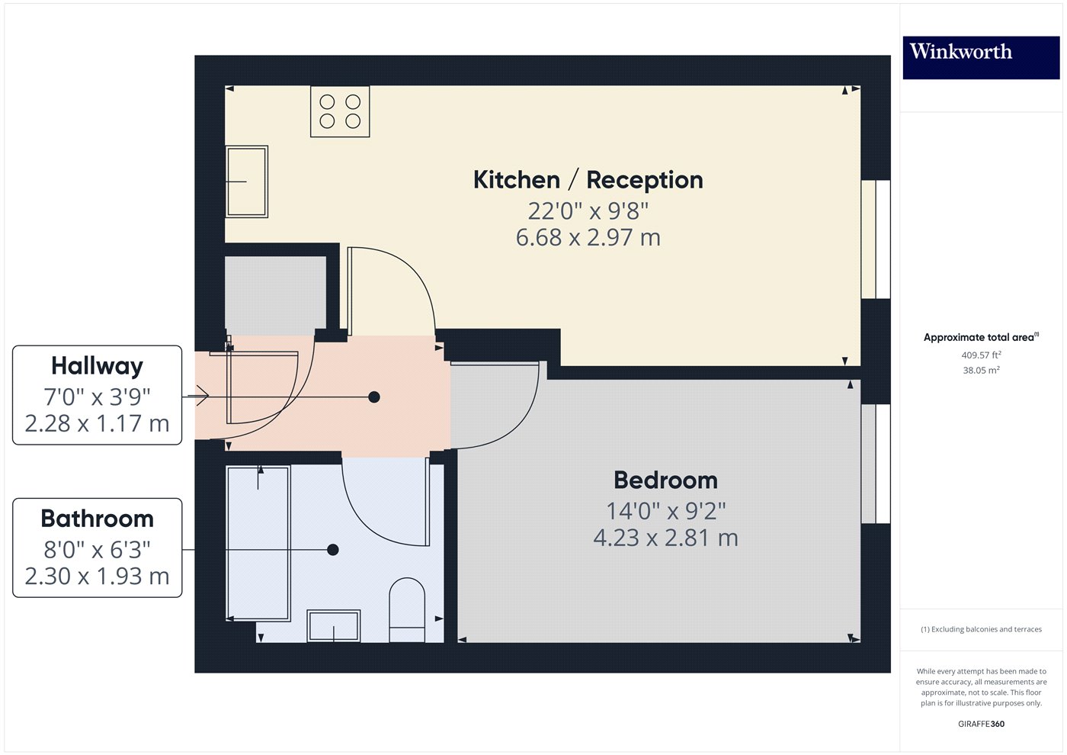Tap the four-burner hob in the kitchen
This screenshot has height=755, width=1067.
340,111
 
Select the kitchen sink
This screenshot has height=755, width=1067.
247,182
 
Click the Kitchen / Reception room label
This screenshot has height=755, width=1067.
588,180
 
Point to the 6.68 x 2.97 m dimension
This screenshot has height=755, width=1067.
588,238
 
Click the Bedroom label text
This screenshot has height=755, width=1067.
665,480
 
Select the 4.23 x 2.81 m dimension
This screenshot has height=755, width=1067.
665,538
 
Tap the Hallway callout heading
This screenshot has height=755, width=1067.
97,366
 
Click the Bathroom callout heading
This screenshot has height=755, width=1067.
97,519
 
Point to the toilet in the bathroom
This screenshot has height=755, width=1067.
407,609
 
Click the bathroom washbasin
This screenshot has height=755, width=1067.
334,626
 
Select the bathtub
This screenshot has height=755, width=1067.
258,543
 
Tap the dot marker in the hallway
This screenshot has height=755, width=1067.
374,397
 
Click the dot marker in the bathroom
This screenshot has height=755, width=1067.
333,550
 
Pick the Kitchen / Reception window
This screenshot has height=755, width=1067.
876,239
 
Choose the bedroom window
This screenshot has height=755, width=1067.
876,464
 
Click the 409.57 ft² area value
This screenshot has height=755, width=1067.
981,355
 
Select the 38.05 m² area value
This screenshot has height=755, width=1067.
981,371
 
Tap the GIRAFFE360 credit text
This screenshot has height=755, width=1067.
981,724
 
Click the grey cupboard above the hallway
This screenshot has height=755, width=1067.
276,294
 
